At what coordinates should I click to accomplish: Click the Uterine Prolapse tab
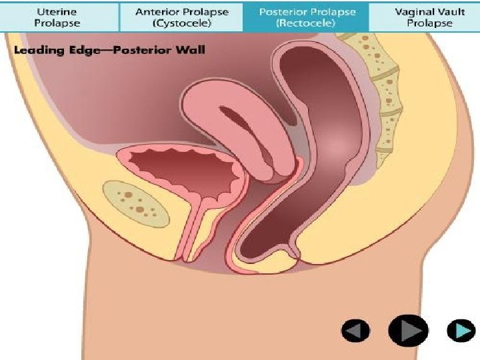(x=59, y=17)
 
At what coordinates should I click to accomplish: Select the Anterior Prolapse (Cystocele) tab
(x=181, y=17)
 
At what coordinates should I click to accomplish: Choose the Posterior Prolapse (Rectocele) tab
(x=307, y=17)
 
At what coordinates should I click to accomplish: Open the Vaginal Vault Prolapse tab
(x=430, y=17)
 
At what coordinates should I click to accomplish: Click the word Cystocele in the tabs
(x=181, y=23)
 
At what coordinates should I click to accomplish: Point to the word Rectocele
(x=307, y=23)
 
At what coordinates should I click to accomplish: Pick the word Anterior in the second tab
(x=157, y=11)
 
